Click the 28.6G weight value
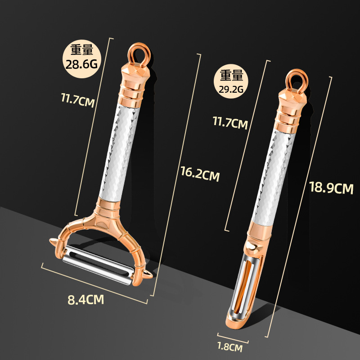pos(81,64)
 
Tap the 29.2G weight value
pos(231,89)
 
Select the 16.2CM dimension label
pos(200,174)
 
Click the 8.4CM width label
pos(85,300)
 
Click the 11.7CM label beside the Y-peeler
pos(78,99)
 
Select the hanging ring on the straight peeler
pos(296,79)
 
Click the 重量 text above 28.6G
pos(81,49)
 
